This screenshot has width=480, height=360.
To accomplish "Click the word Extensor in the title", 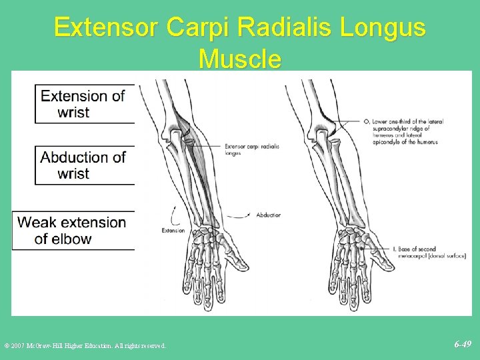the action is [107, 28].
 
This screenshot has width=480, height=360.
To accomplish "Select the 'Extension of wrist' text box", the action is [83, 104].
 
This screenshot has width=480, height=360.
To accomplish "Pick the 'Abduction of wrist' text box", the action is [83, 165].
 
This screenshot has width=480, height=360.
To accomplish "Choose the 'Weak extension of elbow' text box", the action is [72, 231].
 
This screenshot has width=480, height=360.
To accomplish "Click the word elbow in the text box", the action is [71, 239].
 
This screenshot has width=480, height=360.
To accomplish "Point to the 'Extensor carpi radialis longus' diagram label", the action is [252, 149].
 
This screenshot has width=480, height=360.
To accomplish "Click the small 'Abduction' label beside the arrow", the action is [268, 215].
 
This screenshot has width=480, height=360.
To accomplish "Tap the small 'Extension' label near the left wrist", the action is [173, 231].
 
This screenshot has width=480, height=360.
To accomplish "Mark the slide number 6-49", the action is [463, 345].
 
